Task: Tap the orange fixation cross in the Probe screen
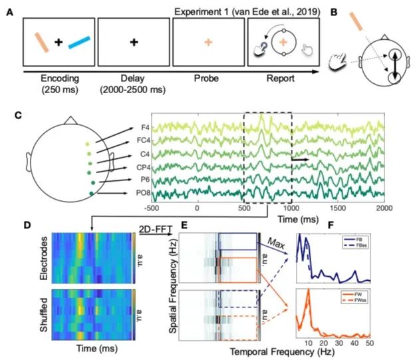209,42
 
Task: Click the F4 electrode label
144,127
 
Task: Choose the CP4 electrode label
142,167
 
